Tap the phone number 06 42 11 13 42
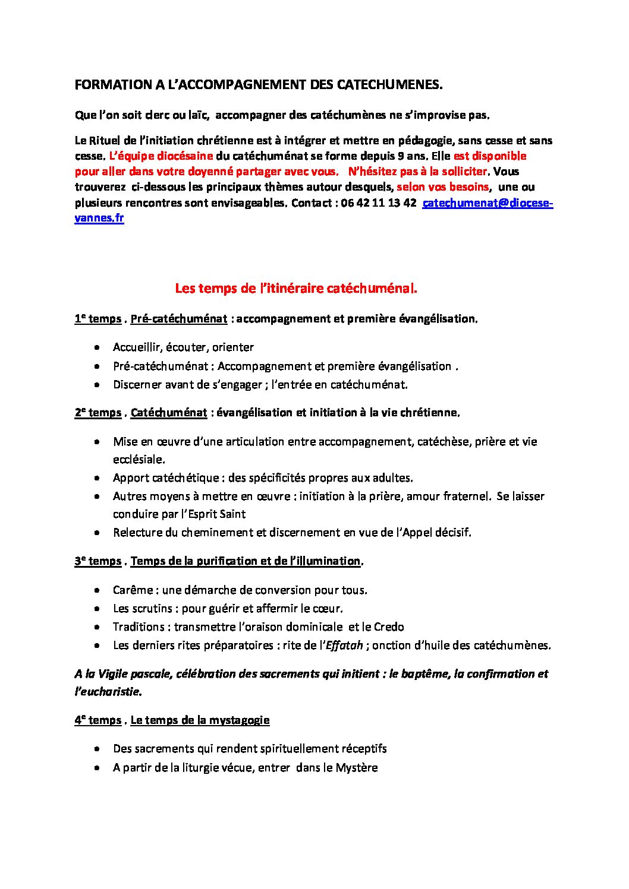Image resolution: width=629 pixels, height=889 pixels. [x=379, y=203]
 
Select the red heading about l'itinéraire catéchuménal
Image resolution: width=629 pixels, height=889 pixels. [x=296, y=289]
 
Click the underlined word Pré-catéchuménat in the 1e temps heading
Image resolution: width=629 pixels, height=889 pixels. [x=178, y=319]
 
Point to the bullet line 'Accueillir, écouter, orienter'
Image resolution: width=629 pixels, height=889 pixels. [x=183, y=347]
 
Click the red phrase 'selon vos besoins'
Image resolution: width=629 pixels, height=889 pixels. [x=442, y=187]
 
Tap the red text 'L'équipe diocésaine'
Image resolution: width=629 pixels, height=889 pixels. [x=161, y=156]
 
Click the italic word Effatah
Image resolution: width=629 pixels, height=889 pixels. [x=344, y=645]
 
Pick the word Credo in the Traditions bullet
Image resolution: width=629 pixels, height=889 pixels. [x=389, y=627]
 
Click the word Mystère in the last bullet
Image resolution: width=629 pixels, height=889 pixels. [x=356, y=767]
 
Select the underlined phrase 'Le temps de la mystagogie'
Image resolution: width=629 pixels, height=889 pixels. [x=200, y=720]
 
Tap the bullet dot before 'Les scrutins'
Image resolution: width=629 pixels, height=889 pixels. [x=96, y=609]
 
